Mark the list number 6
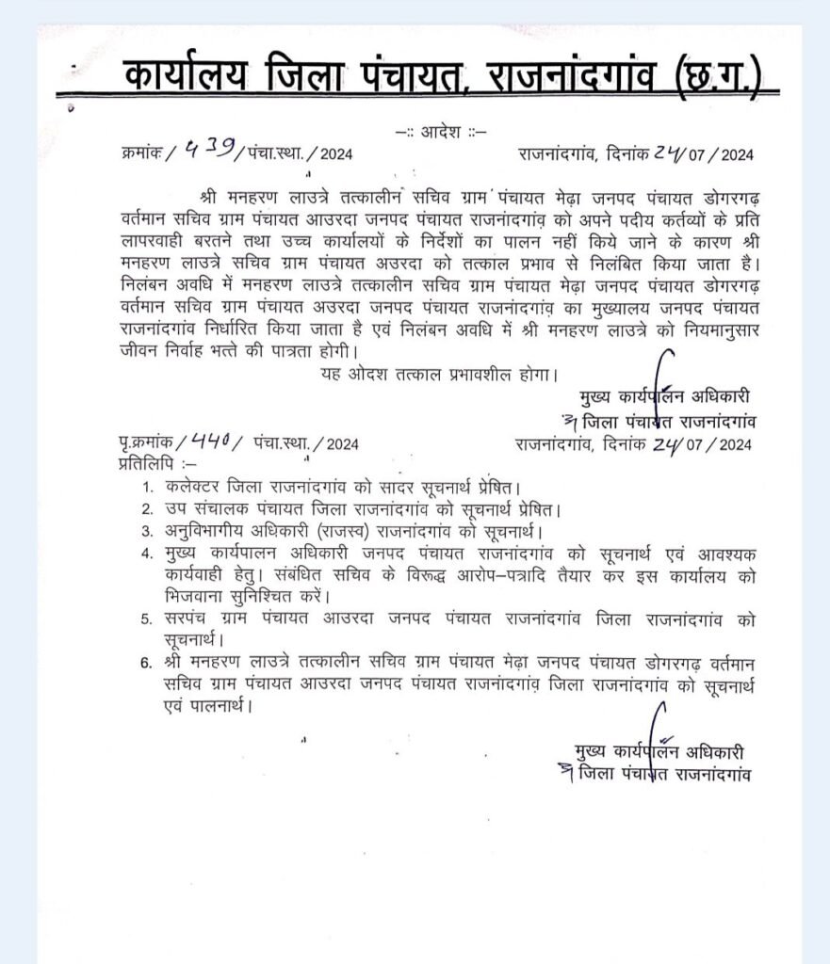pos(146,664)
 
